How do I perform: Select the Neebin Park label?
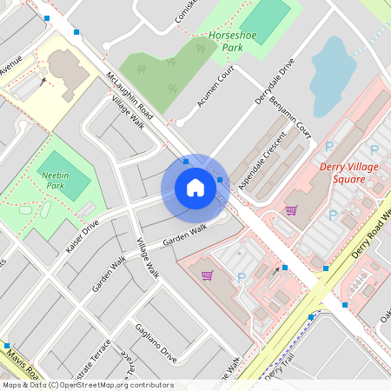[x=56, y=180]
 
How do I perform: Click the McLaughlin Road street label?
[x=129, y=96]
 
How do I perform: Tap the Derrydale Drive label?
[x=275, y=83]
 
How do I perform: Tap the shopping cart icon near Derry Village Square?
[x=291, y=209]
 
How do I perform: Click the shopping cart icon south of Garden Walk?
[x=208, y=275]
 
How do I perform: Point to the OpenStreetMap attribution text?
[x=87, y=385]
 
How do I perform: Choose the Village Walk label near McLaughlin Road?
[x=127, y=113]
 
